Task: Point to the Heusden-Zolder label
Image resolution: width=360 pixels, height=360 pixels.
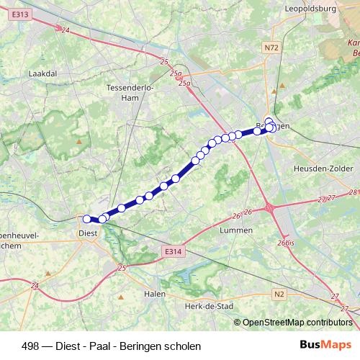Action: tap(320, 168)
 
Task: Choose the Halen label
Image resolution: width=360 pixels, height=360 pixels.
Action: tap(155, 293)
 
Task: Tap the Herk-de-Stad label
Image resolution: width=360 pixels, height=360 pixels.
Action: tap(209, 306)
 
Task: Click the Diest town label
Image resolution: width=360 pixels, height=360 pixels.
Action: tap(87, 233)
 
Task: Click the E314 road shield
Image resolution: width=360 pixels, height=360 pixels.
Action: tap(171, 251)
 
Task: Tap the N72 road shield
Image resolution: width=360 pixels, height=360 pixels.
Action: tap(271, 48)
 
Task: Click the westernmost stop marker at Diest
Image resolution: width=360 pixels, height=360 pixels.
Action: tap(87, 219)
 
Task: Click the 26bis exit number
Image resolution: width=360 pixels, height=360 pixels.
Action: tap(285, 243)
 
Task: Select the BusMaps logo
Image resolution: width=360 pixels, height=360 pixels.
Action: tap(325, 344)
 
